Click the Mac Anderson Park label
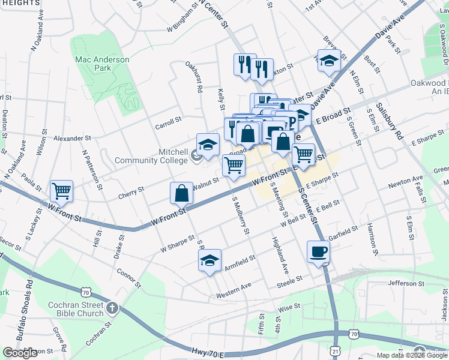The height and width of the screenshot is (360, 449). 102,64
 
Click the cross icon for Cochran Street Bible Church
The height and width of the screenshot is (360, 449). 112,309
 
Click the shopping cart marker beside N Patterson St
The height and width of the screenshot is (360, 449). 62,191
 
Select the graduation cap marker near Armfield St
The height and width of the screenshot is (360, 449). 209,260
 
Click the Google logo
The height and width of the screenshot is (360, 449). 20,353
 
